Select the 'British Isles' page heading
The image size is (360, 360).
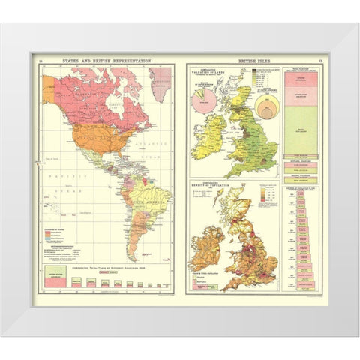tap(253, 59)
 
